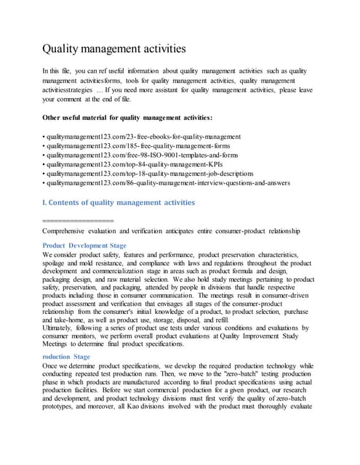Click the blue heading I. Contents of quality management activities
tap(119, 202)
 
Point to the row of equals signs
tap(79, 219)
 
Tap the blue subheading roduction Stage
tap(67, 357)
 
